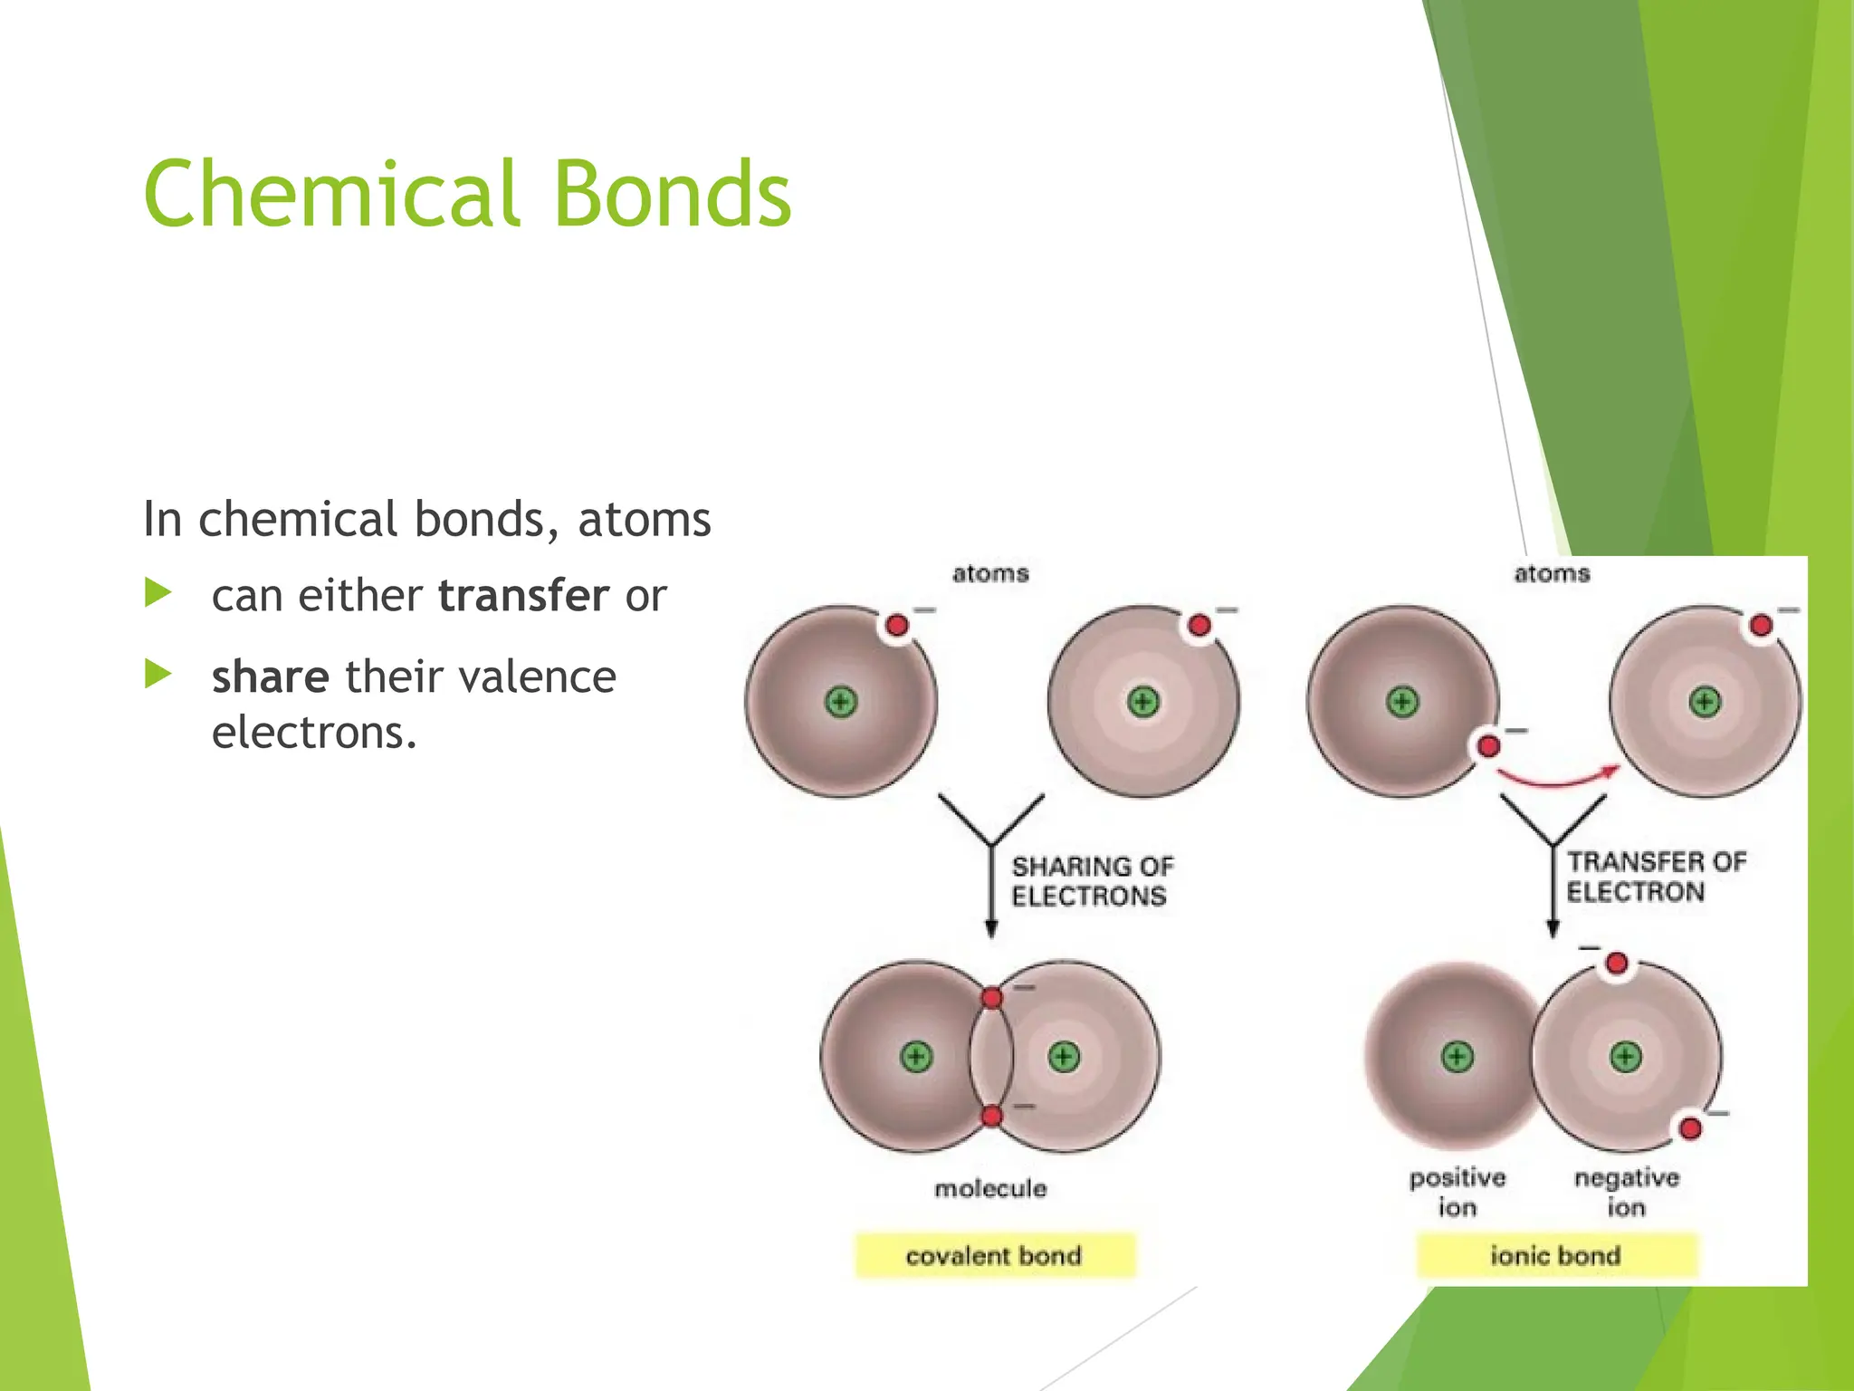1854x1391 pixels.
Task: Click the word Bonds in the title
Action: [671, 194]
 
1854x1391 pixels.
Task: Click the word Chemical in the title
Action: [331, 194]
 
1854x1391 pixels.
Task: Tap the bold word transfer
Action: [523, 596]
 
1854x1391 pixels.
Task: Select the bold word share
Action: [270, 677]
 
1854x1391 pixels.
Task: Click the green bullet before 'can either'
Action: [158, 594]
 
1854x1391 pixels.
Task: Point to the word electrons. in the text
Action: [314, 733]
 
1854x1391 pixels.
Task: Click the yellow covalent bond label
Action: [994, 1256]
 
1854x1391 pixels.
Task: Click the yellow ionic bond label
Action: [1555, 1256]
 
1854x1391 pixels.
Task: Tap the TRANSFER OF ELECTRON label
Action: [1655, 877]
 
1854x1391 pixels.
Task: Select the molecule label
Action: [990, 1188]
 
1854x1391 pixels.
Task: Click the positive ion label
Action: [1457, 1192]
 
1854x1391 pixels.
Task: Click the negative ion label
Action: [1626, 1192]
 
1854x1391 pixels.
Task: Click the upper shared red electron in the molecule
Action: [992, 998]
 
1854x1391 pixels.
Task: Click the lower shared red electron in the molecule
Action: [992, 1116]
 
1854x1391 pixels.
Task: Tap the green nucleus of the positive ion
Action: [1457, 1057]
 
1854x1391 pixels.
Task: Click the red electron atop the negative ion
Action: [1617, 964]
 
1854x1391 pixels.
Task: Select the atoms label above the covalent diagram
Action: [990, 573]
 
